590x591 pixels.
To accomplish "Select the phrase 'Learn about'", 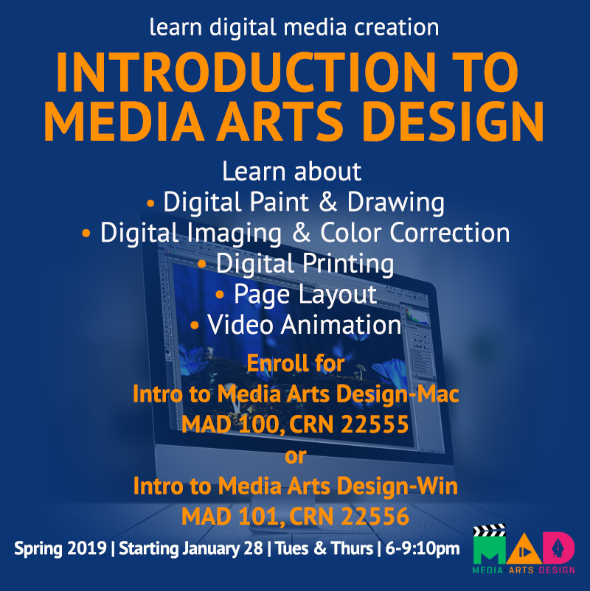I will click(x=292, y=172).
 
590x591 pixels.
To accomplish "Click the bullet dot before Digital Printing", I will click(x=202, y=263).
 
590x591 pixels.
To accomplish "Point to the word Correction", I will click(x=449, y=233).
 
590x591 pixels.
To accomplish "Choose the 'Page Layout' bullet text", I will click(x=305, y=294).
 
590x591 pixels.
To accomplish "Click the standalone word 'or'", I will click(x=295, y=456).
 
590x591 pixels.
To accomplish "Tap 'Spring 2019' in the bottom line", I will click(x=60, y=549).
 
